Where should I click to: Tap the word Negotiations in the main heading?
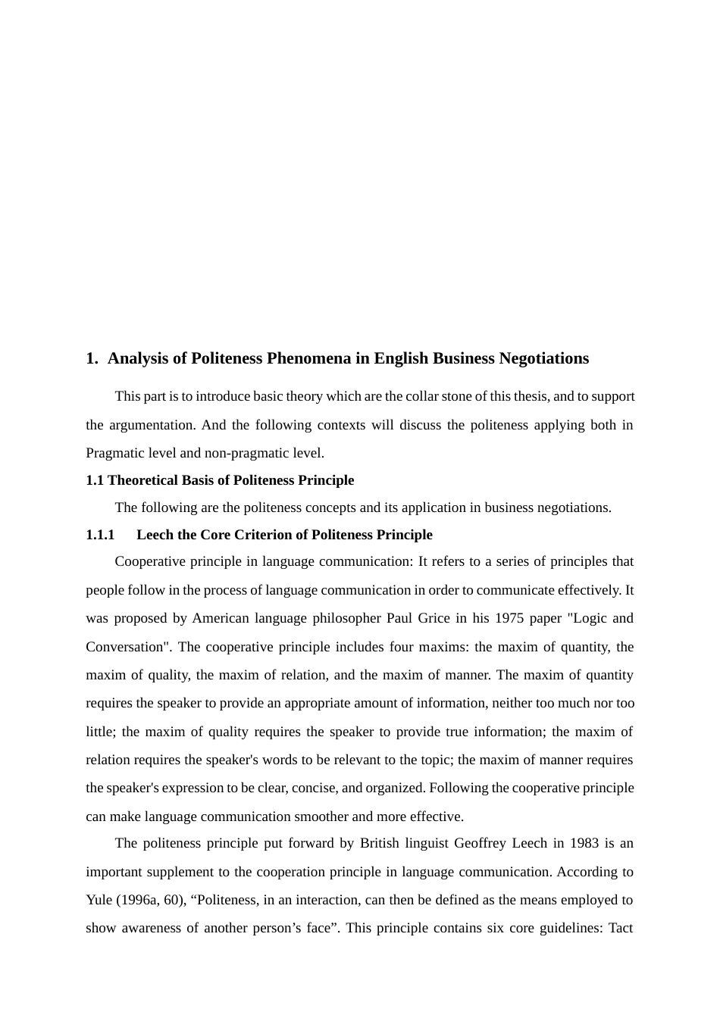coord(543,358)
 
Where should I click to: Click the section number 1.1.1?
coord(100,535)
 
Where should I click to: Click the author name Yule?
coord(99,900)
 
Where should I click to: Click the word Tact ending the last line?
coord(621,928)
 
